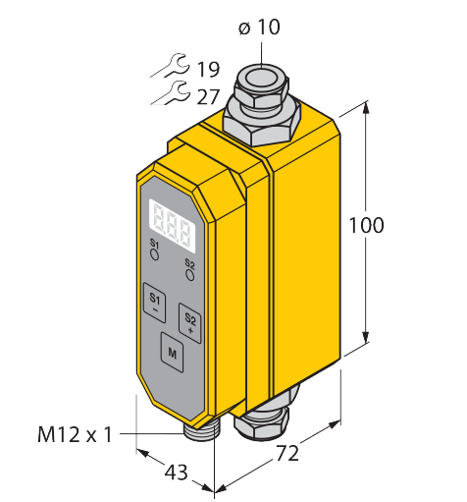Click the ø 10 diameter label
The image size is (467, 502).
259,27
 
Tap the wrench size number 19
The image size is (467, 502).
208,69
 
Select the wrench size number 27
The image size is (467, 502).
208,97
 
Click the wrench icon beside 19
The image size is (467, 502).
171,66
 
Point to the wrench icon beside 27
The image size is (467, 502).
171,93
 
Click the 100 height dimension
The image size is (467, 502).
366,225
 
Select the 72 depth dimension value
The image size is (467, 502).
287,454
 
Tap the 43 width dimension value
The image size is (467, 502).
177,473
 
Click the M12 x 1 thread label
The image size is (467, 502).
75,435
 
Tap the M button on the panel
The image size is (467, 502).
172,353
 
